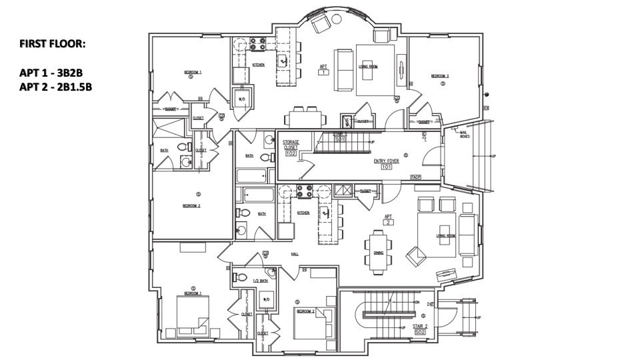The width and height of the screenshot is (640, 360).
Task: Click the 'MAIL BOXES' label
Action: tap(465, 134)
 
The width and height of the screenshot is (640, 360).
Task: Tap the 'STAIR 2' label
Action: tap(420, 326)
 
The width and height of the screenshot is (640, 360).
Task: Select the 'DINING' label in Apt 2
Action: tap(378, 253)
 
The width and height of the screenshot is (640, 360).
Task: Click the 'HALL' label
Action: tap(294, 254)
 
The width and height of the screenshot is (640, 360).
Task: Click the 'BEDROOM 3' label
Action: tap(439, 76)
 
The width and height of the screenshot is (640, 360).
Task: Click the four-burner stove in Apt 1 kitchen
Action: tap(257, 44)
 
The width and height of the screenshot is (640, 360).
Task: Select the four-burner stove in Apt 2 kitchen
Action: tap(305, 191)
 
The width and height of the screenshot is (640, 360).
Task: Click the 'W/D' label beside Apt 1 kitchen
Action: tap(241, 99)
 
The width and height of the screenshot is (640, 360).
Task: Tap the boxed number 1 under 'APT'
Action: tap(323, 72)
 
